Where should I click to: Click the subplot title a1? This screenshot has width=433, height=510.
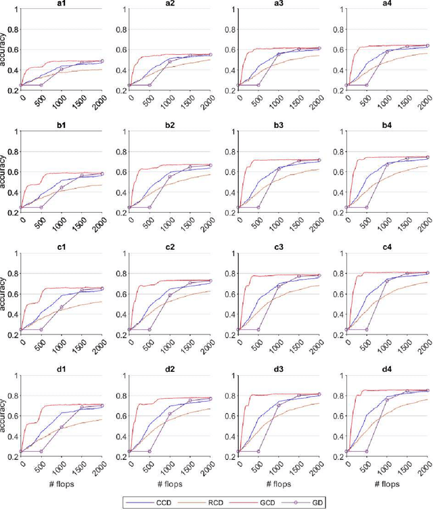(62, 3)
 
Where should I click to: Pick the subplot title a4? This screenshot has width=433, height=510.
(388, 3)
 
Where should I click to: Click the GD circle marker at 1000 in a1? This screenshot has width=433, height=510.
(62, 69)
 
